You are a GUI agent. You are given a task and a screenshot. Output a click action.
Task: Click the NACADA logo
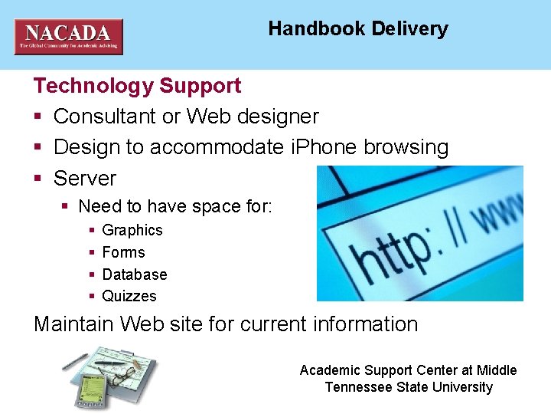[68, 36]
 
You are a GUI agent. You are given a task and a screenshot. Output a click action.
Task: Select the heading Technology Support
[138, 85]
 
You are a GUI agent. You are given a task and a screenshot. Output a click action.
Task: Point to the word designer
[279, 117]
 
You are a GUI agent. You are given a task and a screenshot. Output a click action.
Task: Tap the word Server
[85, 178]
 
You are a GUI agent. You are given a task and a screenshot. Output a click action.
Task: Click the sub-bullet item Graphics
[132, 230]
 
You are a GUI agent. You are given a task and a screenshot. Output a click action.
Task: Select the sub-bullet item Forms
[123, 252]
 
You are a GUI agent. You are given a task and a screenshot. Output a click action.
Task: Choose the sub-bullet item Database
[135, 274]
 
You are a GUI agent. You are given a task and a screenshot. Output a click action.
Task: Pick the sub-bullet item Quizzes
[129, 296]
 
